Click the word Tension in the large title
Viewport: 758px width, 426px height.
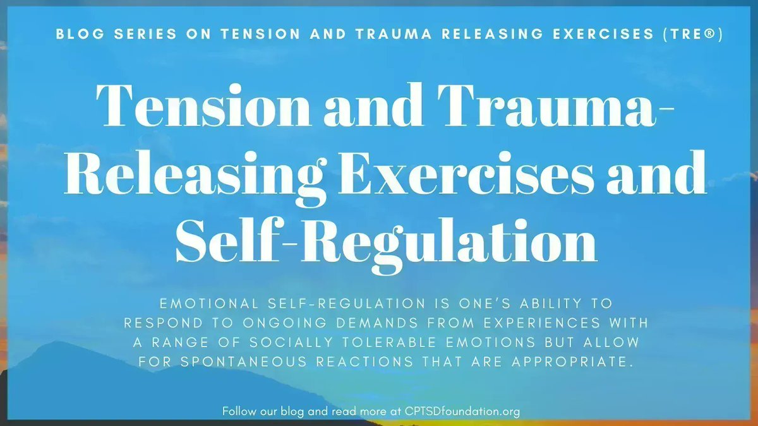(x=202, y=107)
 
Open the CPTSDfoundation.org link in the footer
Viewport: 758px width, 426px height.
(x=461, y=411)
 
